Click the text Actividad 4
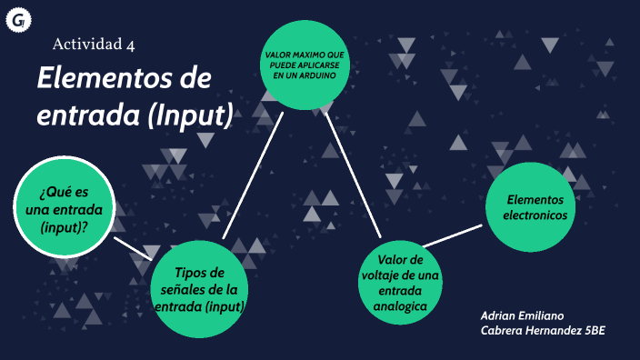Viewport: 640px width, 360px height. pos(94,44)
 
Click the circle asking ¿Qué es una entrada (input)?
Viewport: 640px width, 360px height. pos(65,207)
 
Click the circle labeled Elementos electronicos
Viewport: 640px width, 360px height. pos(535,207)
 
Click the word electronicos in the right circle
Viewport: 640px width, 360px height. pos(535,215)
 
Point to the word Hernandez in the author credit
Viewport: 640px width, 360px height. pos(552,329)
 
